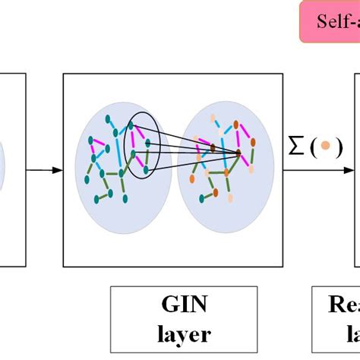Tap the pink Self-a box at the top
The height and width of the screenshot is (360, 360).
[328, 21]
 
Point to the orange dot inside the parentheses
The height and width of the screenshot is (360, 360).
[325, 147]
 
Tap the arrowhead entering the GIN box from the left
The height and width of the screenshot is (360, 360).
[59, 169]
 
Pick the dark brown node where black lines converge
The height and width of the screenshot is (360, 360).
[238, 154]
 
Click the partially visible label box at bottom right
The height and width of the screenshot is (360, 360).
[336, 319]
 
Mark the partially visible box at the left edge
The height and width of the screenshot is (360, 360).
[12, 169]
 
